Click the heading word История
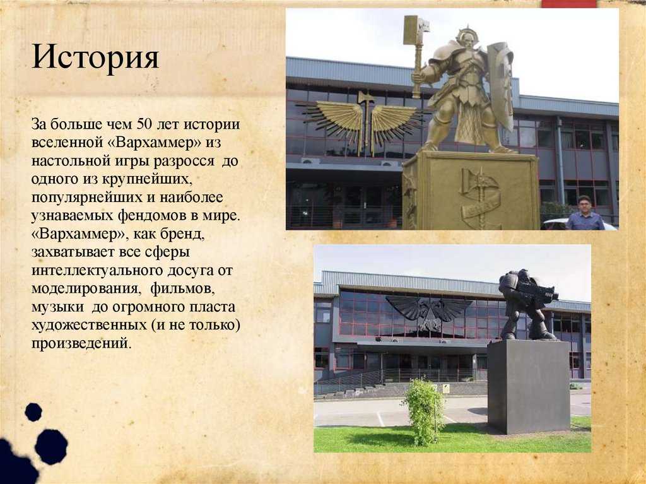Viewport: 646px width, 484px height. click(95, 58)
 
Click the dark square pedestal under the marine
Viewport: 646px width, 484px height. click(528, 386)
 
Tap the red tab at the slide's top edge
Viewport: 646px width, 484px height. click(568, 4)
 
